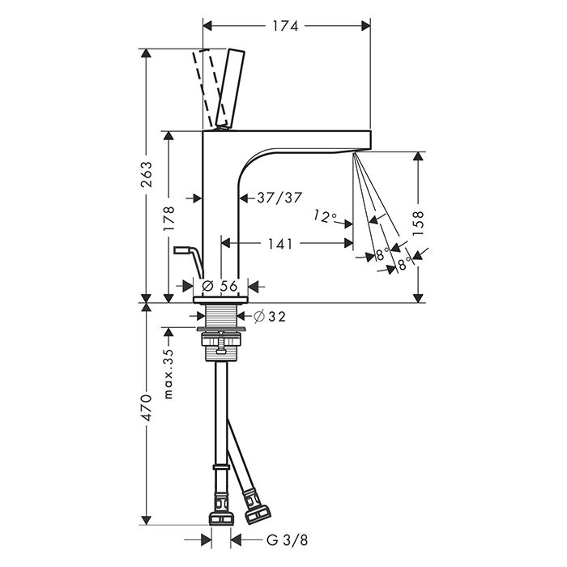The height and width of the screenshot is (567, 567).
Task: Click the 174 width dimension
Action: tap(285, 26)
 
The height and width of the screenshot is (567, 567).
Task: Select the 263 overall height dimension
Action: tap(147, 175)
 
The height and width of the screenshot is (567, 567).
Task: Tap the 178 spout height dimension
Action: tap(168, 219)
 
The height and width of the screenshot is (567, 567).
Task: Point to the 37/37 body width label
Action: tap(279, 198)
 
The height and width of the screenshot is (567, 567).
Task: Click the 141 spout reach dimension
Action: tap(280, 243)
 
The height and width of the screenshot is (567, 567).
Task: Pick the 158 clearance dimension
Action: tap(418, 224)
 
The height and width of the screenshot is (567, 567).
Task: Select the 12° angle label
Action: tap(325, 216)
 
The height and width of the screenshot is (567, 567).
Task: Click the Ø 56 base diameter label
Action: tap(220, 286)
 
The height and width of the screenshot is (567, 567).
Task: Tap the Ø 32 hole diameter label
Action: tap(270, 317)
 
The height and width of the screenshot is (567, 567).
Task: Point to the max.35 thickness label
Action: tap(168, 374)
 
